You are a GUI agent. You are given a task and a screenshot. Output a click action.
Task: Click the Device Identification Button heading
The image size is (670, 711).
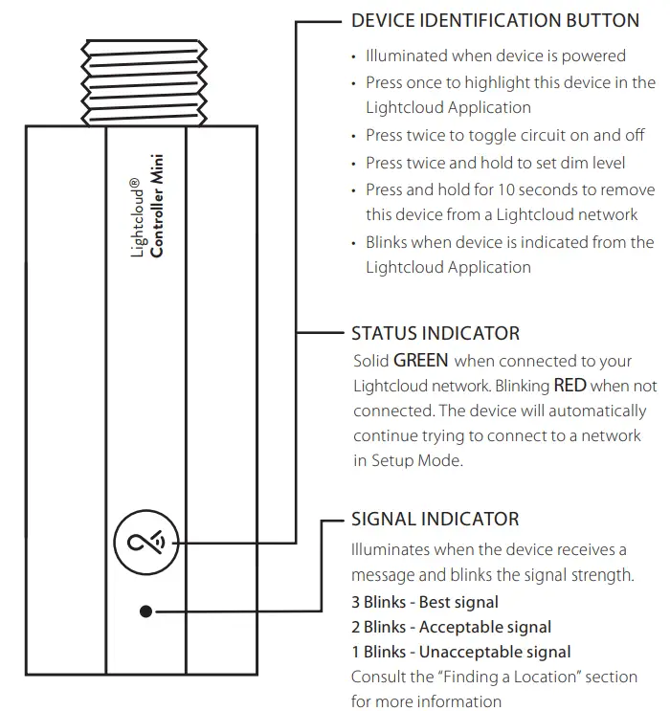[x=495, y=21]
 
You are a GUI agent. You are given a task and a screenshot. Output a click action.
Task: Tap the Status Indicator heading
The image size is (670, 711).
[x=435, y=334]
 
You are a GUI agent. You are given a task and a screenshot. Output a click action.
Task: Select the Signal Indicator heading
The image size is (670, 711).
[x=435, y=520]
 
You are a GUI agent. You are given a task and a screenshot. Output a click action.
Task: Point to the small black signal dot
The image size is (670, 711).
[x=145, y=610]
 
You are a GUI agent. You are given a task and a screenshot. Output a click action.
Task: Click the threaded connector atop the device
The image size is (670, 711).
[x=145, y=81]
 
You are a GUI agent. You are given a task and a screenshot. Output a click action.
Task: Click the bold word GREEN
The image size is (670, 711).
[x=421, y=362]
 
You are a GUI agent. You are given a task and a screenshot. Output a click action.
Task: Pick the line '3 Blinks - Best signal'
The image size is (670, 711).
[x=425, y=603]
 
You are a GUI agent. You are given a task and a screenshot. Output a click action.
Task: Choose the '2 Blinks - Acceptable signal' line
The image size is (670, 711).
[x=452, y=628]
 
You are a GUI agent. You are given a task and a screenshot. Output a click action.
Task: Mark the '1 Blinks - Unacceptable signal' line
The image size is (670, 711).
[x=461, y=653]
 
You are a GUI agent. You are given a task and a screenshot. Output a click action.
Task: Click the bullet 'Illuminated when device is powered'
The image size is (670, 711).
[x=496, y=56]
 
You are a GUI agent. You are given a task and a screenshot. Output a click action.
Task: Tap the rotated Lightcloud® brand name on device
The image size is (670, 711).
[x=136, y=218]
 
